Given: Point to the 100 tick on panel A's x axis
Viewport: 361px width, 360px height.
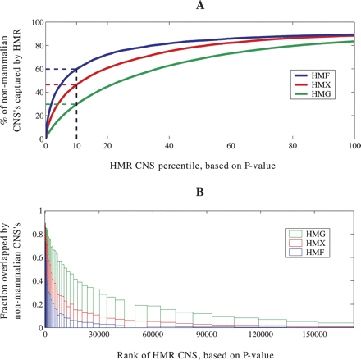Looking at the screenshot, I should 352,145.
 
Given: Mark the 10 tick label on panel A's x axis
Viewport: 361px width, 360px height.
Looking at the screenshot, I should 76,145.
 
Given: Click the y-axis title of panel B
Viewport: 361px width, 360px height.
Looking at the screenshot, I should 11,269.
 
